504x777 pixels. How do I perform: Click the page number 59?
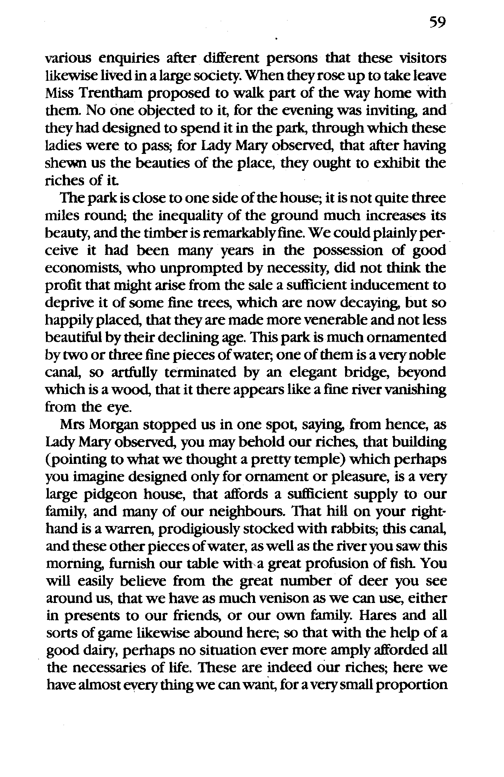pos(437,23)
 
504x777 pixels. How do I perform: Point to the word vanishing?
pos(415,390)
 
